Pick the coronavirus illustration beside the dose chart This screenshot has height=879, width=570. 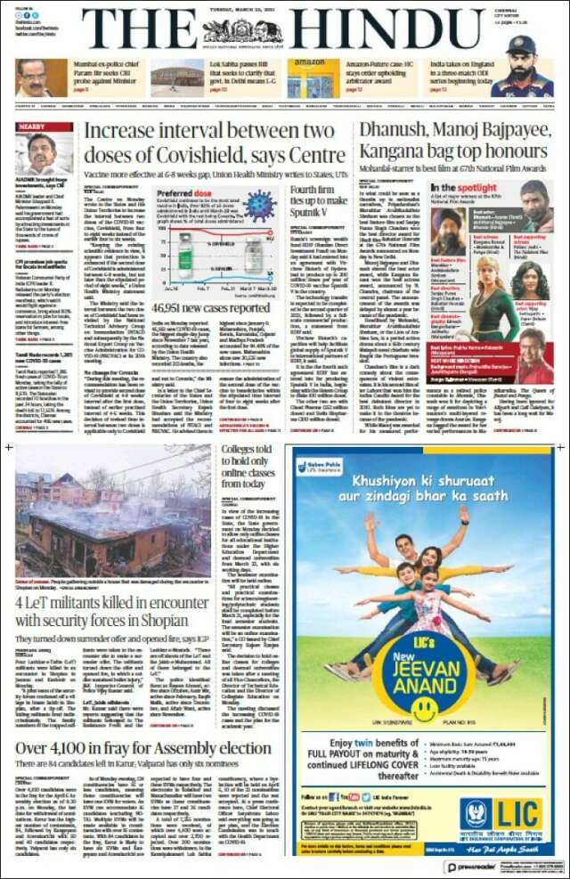(x=260, y=204)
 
